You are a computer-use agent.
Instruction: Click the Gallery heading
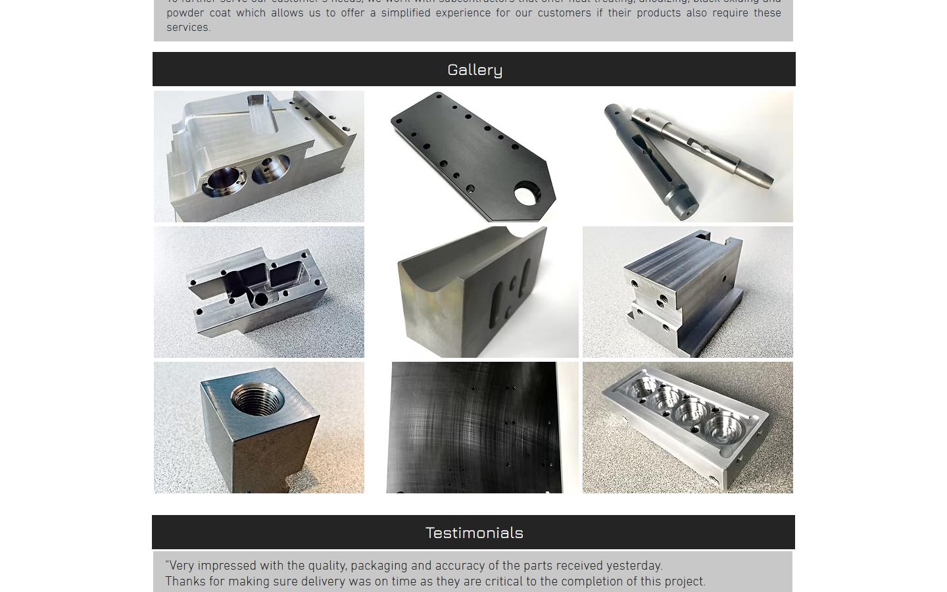(x=474, y=70)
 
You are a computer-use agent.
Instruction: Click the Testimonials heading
(x=474, y=533)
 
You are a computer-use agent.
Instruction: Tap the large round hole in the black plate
(x=526, y=195)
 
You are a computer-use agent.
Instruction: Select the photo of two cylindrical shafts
(x=687, y=157)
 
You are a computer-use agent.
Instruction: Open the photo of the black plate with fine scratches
(x=482, y=428)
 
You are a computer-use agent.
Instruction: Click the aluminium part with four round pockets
(x=687, y=428)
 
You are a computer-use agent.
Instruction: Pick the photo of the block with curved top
(x=482, y=292)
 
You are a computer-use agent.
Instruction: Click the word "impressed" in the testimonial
(x=227, y=566)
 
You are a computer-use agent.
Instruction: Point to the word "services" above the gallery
(x=187, y=28)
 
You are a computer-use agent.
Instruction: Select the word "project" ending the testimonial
(x=685, y=582)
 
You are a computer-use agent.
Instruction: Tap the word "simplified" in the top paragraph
(x=405, y=13)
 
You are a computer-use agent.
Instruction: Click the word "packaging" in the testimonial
(x=377, y=566)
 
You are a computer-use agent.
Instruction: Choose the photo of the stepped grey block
(x=687, y=292)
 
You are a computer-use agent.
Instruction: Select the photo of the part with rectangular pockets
(x=258, y=292)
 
